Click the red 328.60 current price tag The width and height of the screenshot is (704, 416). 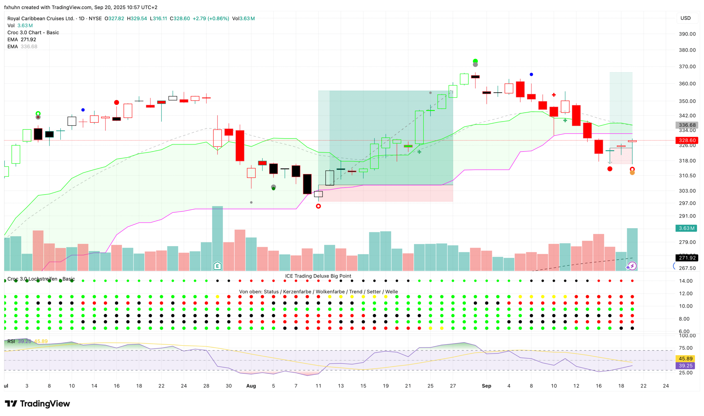(x=687, y=140)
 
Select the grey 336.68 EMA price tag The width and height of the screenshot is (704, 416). (x=687, y=125)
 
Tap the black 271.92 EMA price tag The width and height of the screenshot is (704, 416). (x=687, y=258)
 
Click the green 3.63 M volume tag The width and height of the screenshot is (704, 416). (x=686, y=228)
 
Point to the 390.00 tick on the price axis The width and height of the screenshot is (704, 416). (x=687, y=34)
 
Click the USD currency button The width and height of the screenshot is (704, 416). (x=685, y=18)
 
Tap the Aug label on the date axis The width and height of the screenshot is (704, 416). (x=251, y=386)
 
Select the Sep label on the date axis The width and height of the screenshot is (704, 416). (x=486, y=386)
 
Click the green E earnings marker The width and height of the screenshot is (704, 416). (x=217, y=266)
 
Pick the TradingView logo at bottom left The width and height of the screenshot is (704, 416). (x=37, y=404)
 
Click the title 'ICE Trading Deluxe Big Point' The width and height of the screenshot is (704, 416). (x=318, y=276)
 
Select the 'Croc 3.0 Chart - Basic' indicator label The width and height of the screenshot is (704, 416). (x=33, y=32)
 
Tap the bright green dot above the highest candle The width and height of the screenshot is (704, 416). (x=475, y=61)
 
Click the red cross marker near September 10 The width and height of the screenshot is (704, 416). (x=554, y=95)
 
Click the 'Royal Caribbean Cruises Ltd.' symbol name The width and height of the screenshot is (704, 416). (x=41, y=18)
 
